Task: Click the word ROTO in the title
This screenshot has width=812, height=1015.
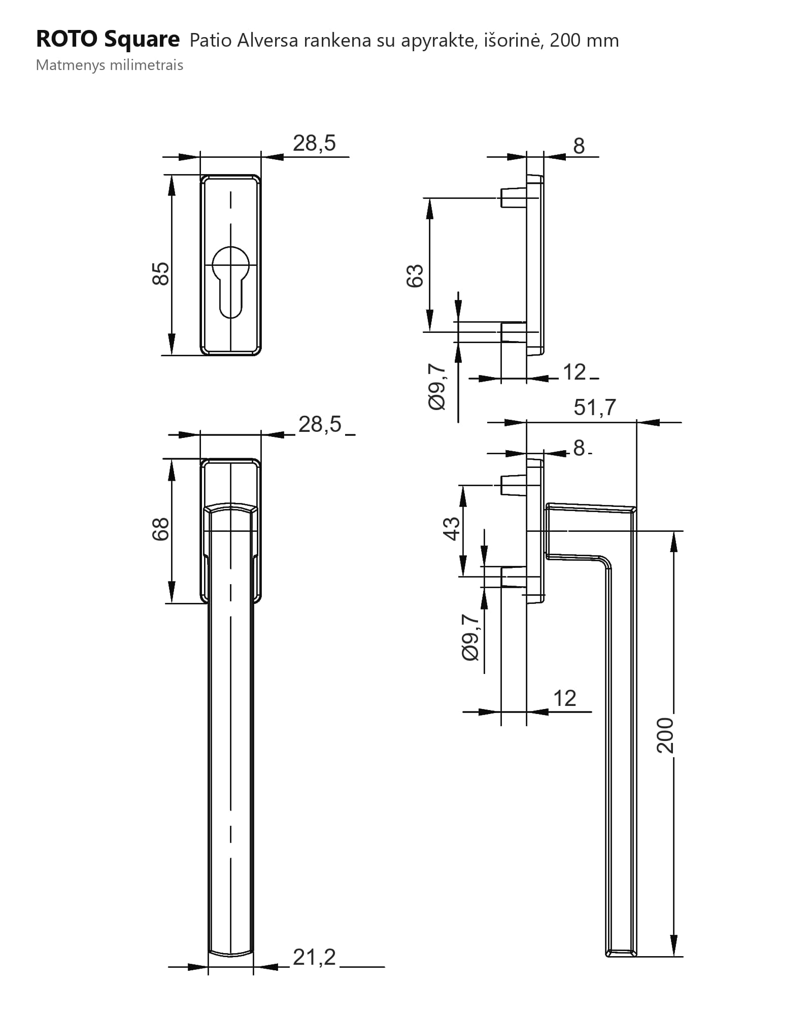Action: [x=66, y=39]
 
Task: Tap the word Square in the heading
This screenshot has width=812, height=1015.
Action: [x=142, y=40]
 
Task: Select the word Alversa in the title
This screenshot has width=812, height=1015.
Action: [x=267, y=41]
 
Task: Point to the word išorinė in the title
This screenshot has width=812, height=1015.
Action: [x=514, y=40]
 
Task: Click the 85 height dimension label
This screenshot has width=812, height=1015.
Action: [x=161, y=274]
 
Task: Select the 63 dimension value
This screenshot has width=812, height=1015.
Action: [x=415, y=276]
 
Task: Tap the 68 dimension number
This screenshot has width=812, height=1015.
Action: [x=160, y=529]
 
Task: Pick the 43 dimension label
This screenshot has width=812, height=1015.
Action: [x=452, y=528]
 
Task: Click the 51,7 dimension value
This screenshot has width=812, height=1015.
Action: [x=595, y=407]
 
